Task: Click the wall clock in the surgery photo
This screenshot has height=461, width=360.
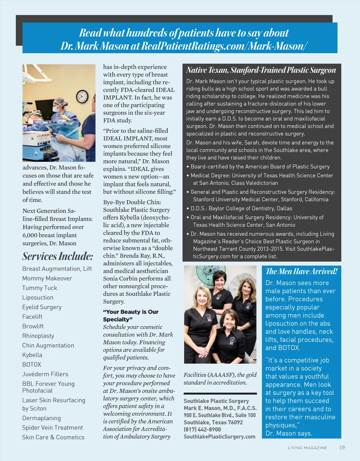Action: (82, 96)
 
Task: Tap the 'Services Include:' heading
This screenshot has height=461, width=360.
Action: (58, 256)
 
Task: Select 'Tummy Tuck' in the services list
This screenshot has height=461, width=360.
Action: (40, 288)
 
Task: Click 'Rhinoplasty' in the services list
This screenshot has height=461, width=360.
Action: (38, 336)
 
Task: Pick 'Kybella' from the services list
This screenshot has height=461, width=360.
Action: (32, 355)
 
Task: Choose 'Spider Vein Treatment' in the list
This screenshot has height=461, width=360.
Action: (53, 428)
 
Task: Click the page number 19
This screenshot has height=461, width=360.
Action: (342, 447)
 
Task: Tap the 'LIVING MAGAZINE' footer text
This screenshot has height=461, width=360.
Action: (307, 448)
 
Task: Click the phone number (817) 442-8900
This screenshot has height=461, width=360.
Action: (202, 429)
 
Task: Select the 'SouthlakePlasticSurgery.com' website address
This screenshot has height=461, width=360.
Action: (219, 436)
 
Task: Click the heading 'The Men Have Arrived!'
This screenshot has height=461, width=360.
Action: (302, 271)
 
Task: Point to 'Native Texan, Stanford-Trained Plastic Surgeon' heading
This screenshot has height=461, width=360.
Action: (261, 70)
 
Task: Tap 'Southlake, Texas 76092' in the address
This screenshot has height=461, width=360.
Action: (213, 422)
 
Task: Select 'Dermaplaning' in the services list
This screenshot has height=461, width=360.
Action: (41, 418)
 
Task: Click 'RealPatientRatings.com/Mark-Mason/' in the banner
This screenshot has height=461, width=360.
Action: (224, 46)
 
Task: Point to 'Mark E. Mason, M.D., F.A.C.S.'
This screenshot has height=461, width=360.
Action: (220, 408)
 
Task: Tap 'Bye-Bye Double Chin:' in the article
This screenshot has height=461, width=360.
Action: (132, 202)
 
